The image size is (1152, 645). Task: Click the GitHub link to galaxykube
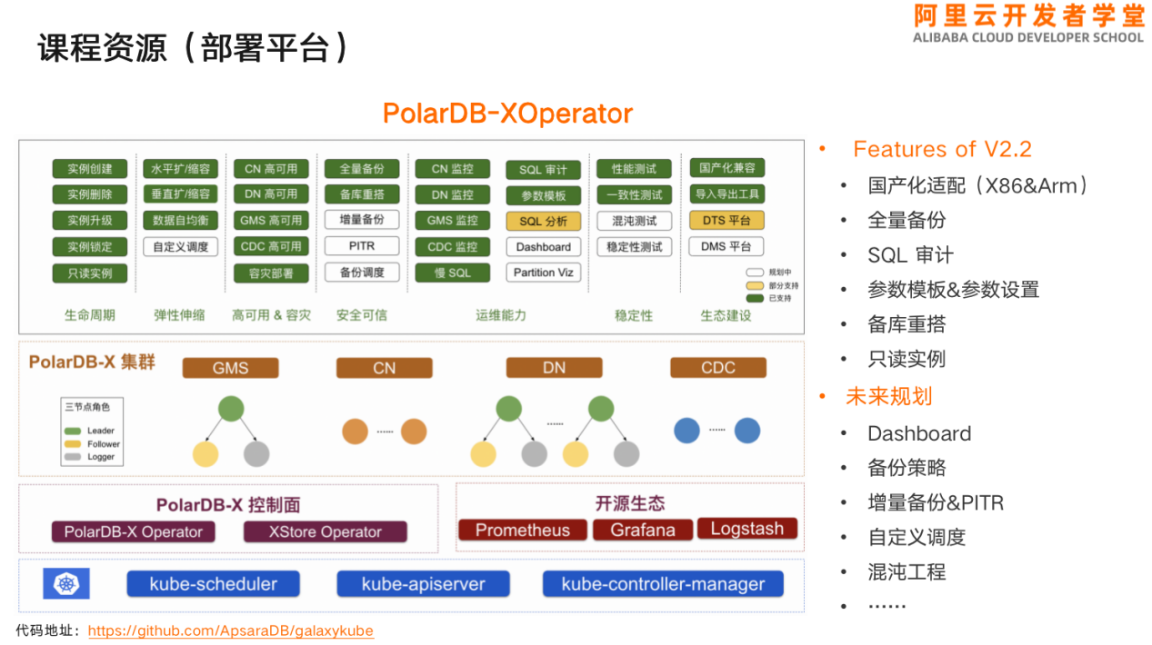[x=230, y=630]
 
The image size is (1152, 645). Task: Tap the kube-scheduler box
[x=213, y=584]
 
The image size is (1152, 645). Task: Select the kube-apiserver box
[x=423, y=584]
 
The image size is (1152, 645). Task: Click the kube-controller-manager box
[x=663, y=584]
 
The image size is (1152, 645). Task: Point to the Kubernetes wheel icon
[x=66, y=583]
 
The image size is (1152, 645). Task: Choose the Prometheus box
[x=522, y=530]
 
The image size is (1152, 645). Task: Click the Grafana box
[x=642, y=530]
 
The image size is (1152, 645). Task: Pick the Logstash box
[x=746, y=529]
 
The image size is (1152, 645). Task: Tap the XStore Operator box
[x=325, y=532]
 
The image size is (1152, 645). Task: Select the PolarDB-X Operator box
[x=133, y=532]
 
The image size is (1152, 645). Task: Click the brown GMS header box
[x=230, y=368]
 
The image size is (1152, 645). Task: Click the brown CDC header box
[x=717, y=368]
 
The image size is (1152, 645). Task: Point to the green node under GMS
[x=231, y=409]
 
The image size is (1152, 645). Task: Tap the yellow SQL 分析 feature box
[x=543, y=221]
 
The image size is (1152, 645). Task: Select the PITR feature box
[x=361, y=246]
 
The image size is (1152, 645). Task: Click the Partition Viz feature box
[x=543, y=273]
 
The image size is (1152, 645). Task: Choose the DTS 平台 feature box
[x=726, y=220]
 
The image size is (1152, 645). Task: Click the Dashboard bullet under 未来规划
[x=918, y=433]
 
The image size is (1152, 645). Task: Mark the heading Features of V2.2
[x=941, y=149]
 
